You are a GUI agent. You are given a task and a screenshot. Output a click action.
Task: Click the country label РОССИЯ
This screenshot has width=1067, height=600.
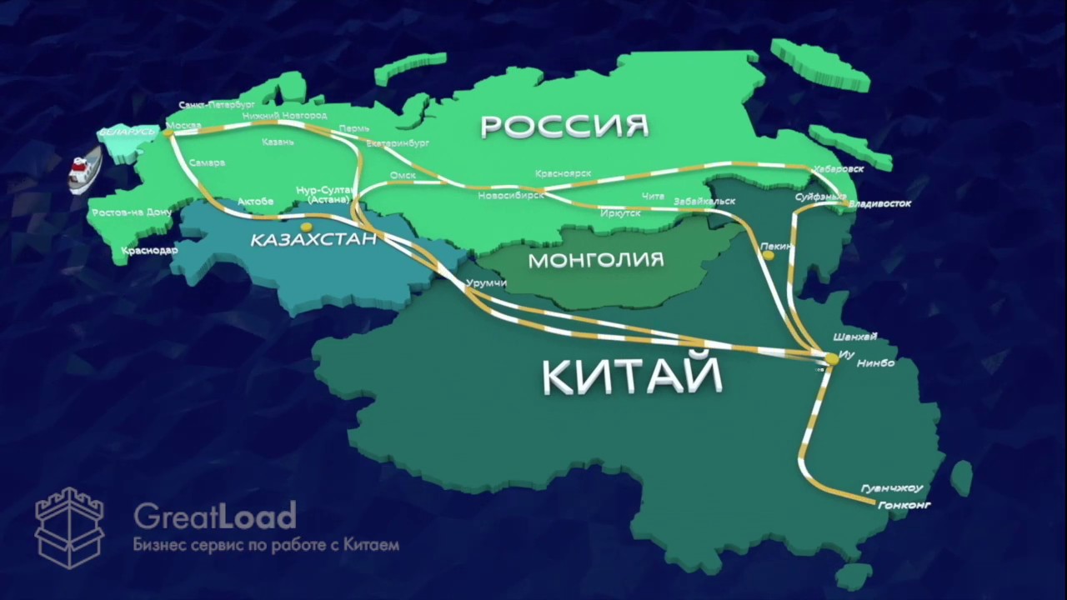[x=564, y=126]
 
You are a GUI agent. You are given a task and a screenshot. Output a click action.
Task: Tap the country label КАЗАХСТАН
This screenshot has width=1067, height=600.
[x=313, y=240]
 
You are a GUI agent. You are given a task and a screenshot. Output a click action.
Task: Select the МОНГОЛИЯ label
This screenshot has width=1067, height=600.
[x=596, y=260]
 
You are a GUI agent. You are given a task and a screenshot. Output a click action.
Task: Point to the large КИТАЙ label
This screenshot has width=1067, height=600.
[x=633, y=376]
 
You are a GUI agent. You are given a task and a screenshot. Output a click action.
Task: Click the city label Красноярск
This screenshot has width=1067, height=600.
[x=564, y=173]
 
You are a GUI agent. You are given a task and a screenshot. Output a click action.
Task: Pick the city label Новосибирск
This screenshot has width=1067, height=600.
[x=511, y=196]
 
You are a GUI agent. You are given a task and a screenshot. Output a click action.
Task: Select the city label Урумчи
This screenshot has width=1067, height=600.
[x=487, y=283]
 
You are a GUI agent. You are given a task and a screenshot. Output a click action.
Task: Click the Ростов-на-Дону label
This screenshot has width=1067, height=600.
[x=132, y=212]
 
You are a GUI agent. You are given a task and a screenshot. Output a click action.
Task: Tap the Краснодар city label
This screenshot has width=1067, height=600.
[x=149, y=250]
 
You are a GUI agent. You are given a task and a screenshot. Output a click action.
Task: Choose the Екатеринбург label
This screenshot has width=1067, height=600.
[x=398, y=143]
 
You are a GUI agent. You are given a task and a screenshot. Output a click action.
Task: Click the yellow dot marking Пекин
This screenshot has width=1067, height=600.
[x=768, y=256]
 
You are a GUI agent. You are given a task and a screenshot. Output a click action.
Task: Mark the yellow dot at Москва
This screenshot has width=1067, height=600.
[x=168, y=132]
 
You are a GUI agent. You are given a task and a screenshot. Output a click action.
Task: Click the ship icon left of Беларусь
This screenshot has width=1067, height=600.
[x=84, y=169]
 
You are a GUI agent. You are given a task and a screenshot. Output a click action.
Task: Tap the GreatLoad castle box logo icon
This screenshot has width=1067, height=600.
[x=69, y=527]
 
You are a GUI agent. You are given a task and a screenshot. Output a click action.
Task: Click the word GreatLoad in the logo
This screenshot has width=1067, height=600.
[x=214, y=517]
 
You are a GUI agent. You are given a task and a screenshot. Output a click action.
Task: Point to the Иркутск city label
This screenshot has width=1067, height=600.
[x=620, y=213]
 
